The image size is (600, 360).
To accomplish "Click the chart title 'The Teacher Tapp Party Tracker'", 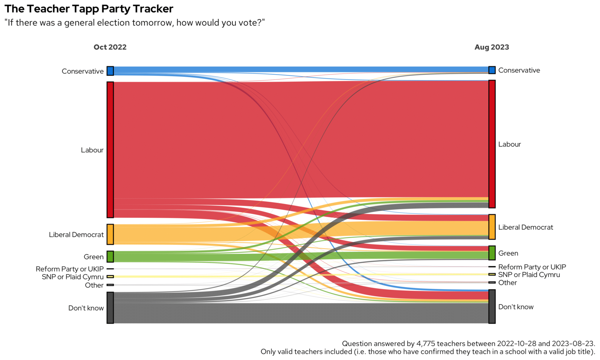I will pos(89,9).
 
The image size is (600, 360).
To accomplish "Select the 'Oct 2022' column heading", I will pos(110,47).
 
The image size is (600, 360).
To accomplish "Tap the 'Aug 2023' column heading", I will pos(492,47).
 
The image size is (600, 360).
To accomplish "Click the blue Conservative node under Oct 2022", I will pos(110,71).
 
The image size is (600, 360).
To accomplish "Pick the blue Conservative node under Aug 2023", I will pos(492,70).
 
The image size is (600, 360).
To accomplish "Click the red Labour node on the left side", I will pos(110,150).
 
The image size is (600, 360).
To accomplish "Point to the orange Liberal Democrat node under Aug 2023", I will pos(492,227).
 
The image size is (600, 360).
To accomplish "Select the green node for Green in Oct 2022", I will pos(110,256).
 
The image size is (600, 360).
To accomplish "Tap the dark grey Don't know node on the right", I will pos(492,306).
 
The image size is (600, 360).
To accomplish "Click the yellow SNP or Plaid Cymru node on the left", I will pos(110,277).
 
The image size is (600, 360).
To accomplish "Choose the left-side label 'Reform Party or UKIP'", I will pos(70,269).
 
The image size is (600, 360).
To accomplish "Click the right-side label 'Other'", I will pos(507,283).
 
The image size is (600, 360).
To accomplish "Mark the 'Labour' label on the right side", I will pos(509,144).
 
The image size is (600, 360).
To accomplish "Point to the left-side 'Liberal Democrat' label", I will pos(76,235).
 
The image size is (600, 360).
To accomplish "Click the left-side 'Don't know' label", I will pos(86,308).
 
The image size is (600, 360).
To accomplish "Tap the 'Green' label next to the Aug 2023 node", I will pos(508,253).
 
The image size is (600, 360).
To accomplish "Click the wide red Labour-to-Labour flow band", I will pos(300,139).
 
